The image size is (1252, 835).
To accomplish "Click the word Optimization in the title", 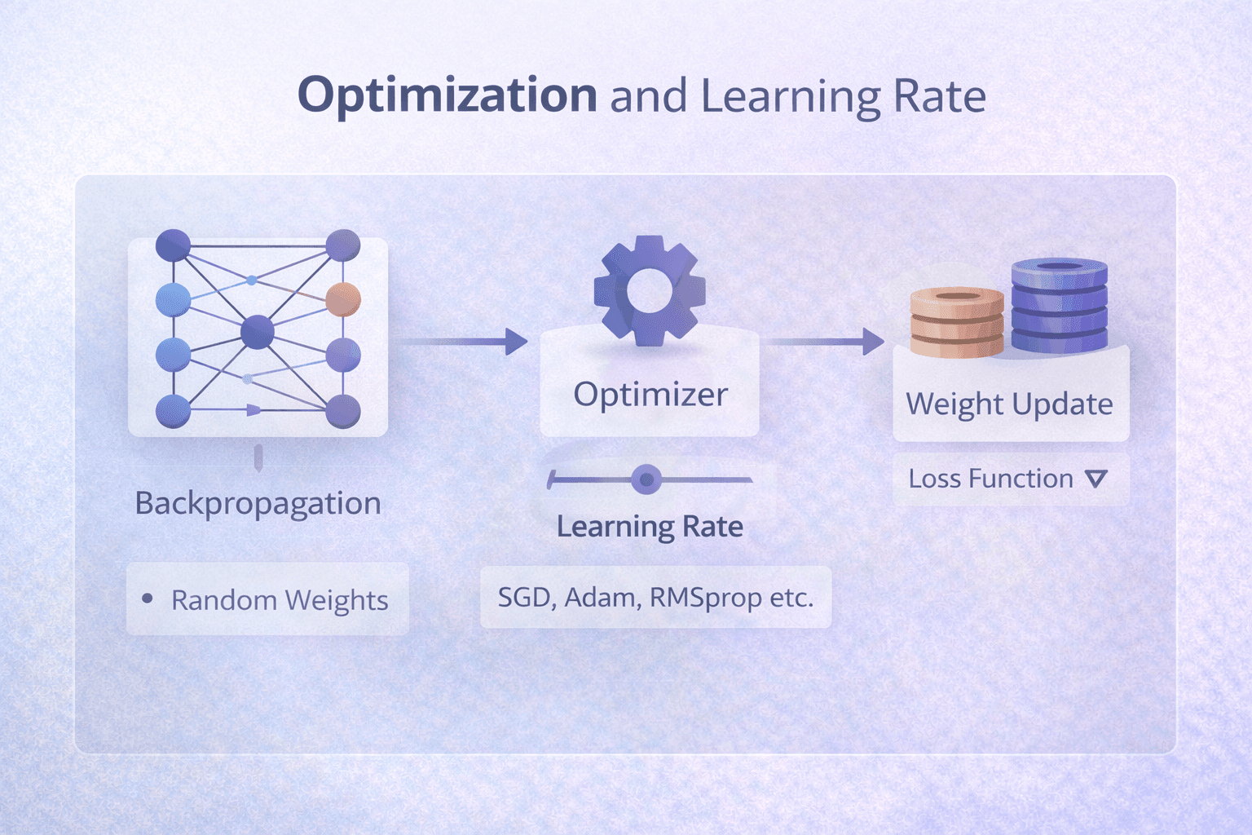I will point(447,95).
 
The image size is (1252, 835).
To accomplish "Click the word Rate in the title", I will point(940,97).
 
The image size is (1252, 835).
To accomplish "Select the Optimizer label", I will point(650,395).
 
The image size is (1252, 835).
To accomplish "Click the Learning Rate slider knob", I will point(646,479).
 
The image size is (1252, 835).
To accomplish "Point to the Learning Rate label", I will point(650,527).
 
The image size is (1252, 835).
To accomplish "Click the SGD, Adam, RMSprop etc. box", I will point(655,598).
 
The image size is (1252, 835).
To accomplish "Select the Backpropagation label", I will point(258,504).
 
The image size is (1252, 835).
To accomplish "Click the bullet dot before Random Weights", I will point(148,599).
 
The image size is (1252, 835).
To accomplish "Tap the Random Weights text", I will point(280,601).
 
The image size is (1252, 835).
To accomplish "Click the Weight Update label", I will point(1009,404).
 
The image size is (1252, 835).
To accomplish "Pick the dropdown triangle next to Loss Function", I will point(1096,479).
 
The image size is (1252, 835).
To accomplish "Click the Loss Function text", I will point(990,479).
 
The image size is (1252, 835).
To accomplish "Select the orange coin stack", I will point(956,323).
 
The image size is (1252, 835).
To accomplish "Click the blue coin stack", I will point(1059,306).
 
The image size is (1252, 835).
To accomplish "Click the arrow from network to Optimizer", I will point(465,341).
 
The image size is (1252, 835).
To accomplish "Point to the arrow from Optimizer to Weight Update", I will point(823,341).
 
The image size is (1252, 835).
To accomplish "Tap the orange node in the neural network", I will point(343,299).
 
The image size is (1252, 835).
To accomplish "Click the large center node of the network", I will point(258,332).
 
